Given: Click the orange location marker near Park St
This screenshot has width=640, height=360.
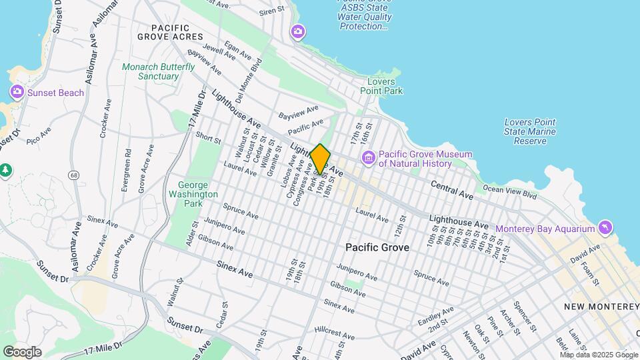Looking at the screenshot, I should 320,159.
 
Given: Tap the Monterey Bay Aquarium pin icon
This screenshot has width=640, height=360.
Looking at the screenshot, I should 605,228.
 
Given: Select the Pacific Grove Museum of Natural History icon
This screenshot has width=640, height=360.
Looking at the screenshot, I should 368,158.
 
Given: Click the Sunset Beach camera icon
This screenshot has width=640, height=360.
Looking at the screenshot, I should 17,92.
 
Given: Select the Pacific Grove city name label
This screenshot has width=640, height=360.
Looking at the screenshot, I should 377,247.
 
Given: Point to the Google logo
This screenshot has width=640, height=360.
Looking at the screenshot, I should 22,351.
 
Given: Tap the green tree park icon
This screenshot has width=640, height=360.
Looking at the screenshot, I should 5,170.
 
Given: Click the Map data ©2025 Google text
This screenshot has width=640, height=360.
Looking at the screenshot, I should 598,355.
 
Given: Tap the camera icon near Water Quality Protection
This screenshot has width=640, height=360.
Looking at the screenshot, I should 298,31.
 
